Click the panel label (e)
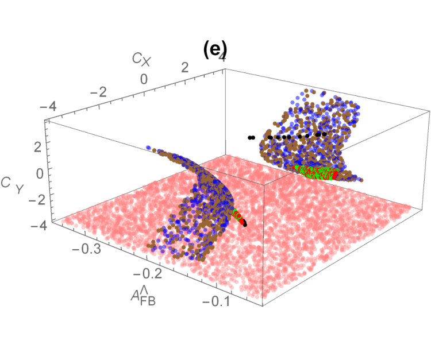(x=215, y=51)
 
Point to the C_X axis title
(x=141, y=59)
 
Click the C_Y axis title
(x=12, y=185)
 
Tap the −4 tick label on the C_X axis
(x=49, y=106)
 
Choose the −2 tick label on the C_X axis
(x=98, y=92)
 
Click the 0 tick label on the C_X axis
(x=144, y=79)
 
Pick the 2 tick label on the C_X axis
(x=185, y=67)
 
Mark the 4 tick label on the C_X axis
(x=222, y=57)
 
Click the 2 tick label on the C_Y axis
(x=37, y=147)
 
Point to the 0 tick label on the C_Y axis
(x=40, y=173)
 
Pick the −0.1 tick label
(x=216, y=301)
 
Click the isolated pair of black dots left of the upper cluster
(x=251, y=137)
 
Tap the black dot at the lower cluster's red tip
(x=245, y=224)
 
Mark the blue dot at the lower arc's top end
(x=148, y=148)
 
